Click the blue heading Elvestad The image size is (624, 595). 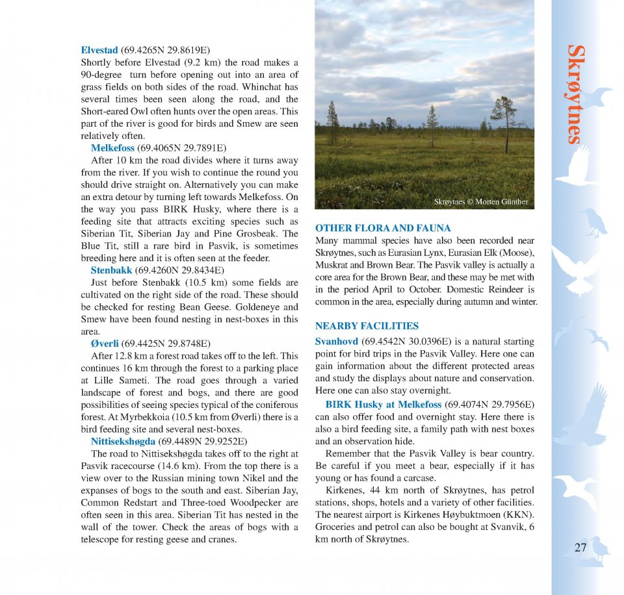tap(99, 50)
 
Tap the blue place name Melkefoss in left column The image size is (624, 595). tap(113, 148)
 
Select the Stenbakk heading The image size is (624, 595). tap(111, 270)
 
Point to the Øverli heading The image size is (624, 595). tap(105, 344)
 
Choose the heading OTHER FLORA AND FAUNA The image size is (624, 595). tap(383, 228)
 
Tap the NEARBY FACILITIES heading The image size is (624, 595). tap(367, 326)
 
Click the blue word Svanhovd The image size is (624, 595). tap(336, 341)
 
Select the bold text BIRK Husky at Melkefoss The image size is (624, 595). tap(383, 404)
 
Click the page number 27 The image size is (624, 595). tap(580, 548)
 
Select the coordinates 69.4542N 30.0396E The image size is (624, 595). tap(406, 341)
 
